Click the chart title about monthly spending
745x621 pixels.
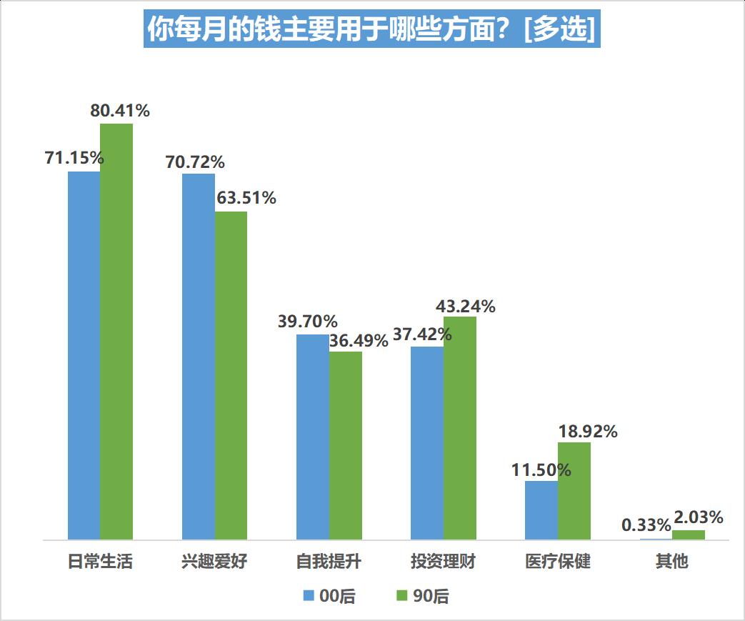371,29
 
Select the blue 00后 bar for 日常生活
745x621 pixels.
84,355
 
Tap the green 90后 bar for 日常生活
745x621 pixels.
116,332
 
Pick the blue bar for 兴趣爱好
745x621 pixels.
199,357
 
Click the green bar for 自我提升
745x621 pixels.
346,445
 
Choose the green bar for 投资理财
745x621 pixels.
460,428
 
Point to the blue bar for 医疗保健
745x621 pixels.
541,510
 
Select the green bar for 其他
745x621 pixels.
689,535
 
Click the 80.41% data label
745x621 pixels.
120,111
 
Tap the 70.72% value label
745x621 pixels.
195,162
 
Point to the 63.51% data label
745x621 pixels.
246,198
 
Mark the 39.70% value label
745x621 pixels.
308,322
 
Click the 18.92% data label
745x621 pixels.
588,432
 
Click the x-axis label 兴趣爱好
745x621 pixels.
214,562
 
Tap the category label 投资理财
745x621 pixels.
443,562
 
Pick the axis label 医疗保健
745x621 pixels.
557,562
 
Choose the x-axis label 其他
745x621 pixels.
671,562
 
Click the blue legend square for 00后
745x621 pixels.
309,596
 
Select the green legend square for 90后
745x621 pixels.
401,596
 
